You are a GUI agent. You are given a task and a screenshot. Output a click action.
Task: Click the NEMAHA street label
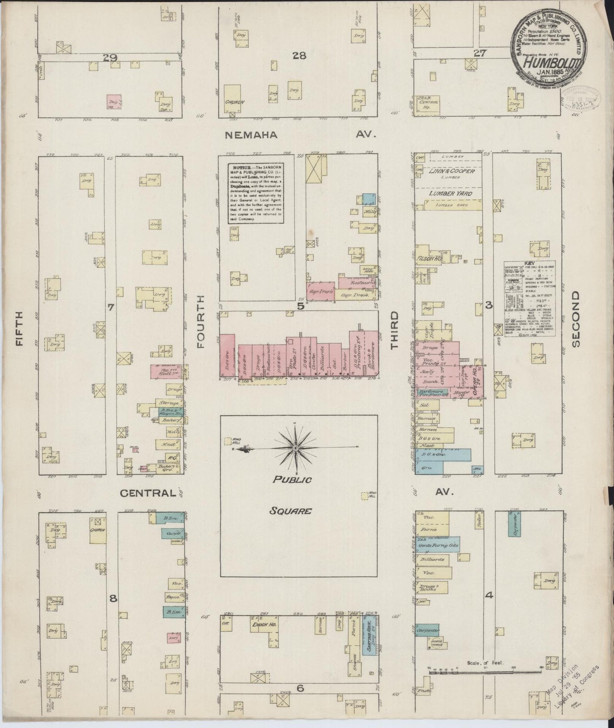pos(251,135)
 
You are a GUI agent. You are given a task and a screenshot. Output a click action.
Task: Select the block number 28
pos(299,56)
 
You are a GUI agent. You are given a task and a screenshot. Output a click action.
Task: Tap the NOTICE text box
pos(255,192)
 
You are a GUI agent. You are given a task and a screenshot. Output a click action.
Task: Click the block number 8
pos(113,599)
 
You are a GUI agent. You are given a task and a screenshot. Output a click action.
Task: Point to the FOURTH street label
pos(201,322)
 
